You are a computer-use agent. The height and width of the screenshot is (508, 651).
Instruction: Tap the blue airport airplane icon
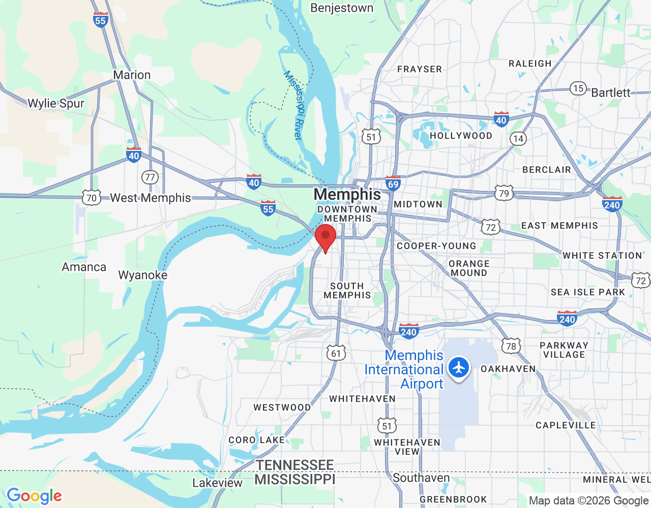tap(459, 367)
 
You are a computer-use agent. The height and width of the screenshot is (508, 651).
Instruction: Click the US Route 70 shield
tap(92, 198)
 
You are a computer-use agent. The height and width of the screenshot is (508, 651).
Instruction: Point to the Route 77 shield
tap(150, 177)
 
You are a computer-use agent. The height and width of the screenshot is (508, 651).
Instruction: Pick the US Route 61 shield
tap(336, 353)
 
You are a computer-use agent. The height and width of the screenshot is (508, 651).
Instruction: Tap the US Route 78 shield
tap(511, 346)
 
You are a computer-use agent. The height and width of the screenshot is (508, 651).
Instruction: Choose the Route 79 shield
tap(504, 193)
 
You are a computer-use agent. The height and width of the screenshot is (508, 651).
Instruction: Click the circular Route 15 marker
tap(578, 88)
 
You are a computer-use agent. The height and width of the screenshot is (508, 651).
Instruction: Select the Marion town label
tap(132, 75)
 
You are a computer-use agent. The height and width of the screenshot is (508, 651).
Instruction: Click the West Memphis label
tap(151, 198)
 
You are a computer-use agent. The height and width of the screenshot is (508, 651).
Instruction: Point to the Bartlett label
tap(610, 92)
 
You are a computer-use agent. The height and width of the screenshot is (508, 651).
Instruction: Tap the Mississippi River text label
tap(293, 105)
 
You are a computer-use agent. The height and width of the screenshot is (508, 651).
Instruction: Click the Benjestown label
tap(342, 8)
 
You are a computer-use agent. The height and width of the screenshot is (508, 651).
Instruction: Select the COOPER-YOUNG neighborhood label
tap(436, 246)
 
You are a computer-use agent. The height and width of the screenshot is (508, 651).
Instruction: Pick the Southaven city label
tap(421, 478)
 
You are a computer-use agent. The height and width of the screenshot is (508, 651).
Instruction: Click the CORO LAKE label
tap(256, 440)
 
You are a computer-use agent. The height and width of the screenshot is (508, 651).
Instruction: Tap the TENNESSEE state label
tap(295, 465)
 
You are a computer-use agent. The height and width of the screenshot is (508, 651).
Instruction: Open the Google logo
tap(34, 496)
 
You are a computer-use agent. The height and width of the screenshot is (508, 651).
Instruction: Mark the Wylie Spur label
tap(56, 103)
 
